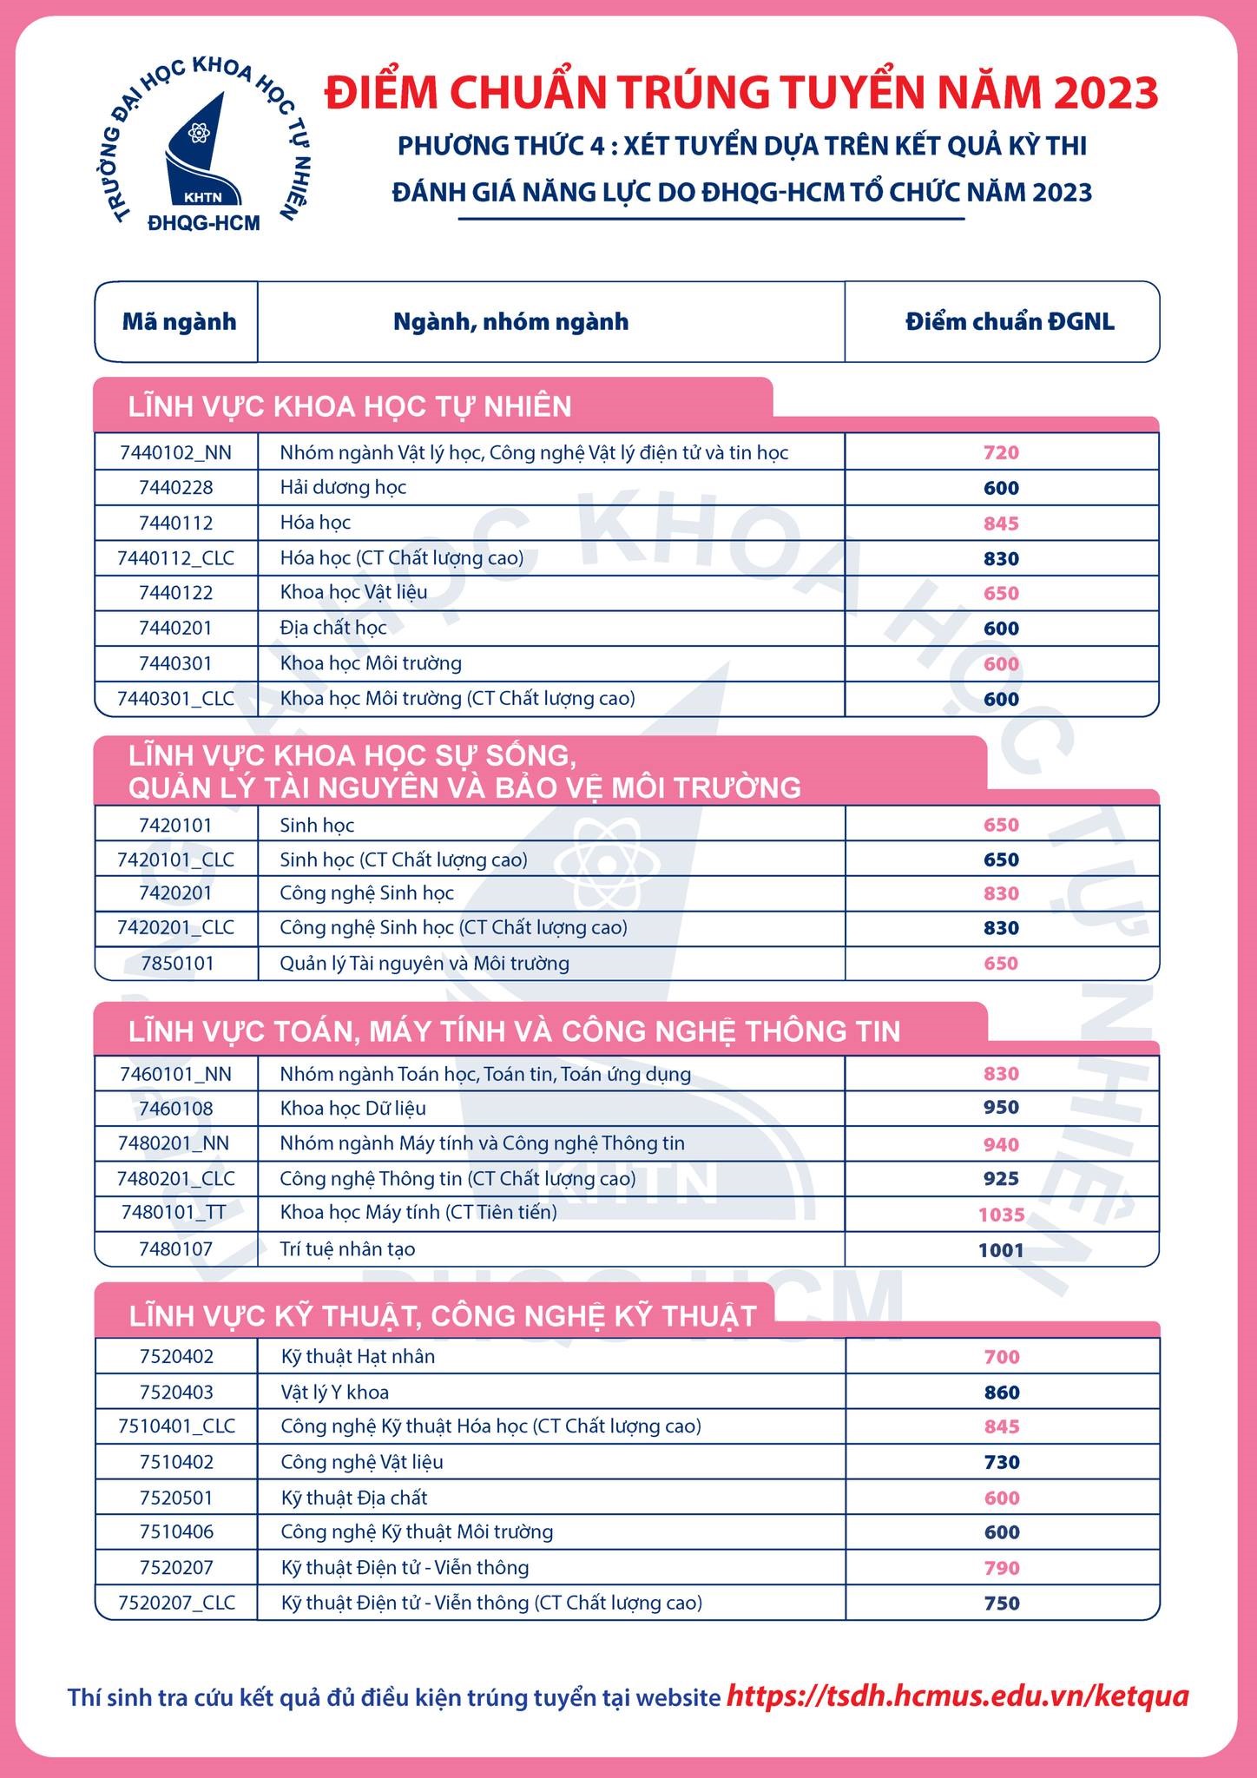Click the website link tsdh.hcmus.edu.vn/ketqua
pyautogui.click(x=957, y=1696)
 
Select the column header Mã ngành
pyautogui.click(x=179, y=322)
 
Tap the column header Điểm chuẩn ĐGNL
pyautogui.click(x=1010, y=322)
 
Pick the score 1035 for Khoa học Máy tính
pyautogui.click(x=1001, y=1215)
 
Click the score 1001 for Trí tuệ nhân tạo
pyautogui.click(x=1001, y=1250)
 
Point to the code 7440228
pyautogui.click(x=175, y=488)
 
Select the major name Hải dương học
pyautogui.click(x=343, y=488)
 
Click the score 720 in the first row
pyautogui.click(x=1001, y=452)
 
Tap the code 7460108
pyautogui.click(x=175, y=1109)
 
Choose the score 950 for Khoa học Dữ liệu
pyautogui.click(x=1001, y=1108)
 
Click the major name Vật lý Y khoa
pyautogui.click(x=335, y=1393)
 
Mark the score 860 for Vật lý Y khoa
pyautogui.click(x=1002, y=1393)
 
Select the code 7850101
pyautogui.click(x=175, y=963)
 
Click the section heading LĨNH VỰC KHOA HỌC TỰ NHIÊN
pyautogui.click(x=350, y=406)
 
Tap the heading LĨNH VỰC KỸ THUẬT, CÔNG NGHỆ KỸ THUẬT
pyautogui.click(x=443, y=1316)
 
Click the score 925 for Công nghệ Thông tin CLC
pyautogui.click(x=1001, y=1179)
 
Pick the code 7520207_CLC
pyautogui.click(x=176, y=1603)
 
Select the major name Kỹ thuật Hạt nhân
pyautogui.click(x=358, y=1356)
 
